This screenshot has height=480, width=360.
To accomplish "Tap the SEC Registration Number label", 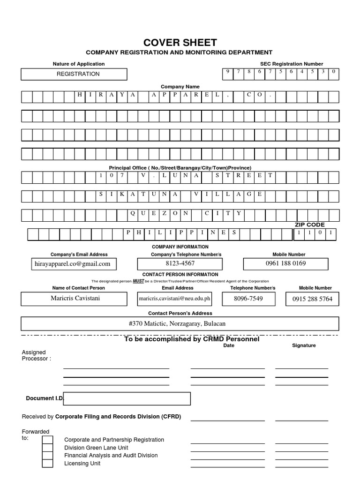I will (291, 64).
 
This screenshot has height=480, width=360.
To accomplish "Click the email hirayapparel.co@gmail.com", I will (73, 264).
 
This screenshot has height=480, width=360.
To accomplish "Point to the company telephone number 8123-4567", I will (180, 263).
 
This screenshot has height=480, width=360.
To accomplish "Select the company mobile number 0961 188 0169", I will (285, 263).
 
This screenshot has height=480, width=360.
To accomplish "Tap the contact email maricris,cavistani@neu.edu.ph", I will (174, 299).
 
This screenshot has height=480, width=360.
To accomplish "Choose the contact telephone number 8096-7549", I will (248, 299).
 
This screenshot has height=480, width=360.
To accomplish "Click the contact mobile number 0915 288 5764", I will (312, 299).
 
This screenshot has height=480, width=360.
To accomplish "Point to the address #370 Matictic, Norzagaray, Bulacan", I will (180, 323).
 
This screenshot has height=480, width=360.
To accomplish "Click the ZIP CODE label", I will (309, 225).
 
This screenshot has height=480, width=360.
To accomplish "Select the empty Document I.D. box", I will (127, 398).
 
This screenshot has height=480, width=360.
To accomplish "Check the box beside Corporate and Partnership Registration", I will (47, 440).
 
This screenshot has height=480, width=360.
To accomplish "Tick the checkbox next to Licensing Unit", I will (47, 464).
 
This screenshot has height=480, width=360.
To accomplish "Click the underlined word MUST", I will (137, 281).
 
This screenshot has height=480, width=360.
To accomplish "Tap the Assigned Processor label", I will (36, 355).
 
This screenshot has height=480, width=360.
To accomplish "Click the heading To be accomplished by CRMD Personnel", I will (191, 339).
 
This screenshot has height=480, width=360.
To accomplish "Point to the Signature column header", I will (304, 345).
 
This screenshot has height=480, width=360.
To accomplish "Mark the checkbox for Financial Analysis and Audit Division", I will (47, 456).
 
